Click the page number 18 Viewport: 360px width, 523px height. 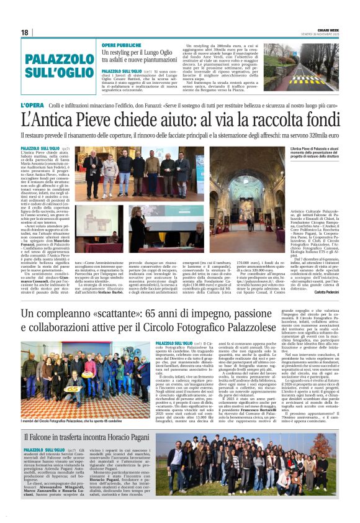tap(25, 32)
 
